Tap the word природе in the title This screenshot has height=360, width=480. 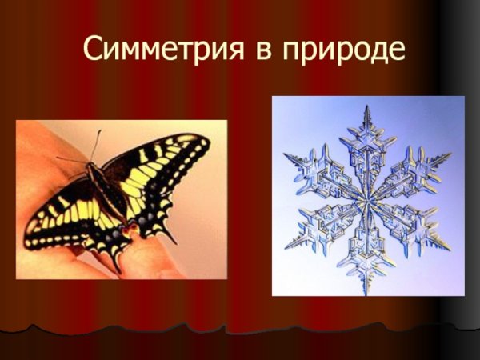pos(344,51)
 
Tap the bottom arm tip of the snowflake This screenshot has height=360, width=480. pos(369,288)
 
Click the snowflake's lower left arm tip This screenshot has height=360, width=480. pos(291,244)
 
